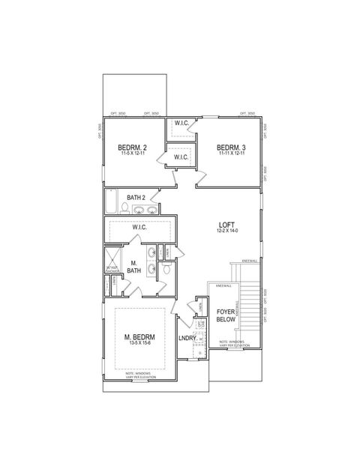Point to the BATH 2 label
click(136, 198)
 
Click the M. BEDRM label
click(139, 337)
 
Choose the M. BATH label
click(133, 267)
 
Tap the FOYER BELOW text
click(226, 315)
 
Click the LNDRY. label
click(187, 339)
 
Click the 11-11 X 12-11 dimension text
click(233, 154)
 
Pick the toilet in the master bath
click(168, 267)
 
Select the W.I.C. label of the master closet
click(139, 226)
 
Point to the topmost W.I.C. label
click(181, 123)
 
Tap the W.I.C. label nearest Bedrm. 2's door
click(181, 157)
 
